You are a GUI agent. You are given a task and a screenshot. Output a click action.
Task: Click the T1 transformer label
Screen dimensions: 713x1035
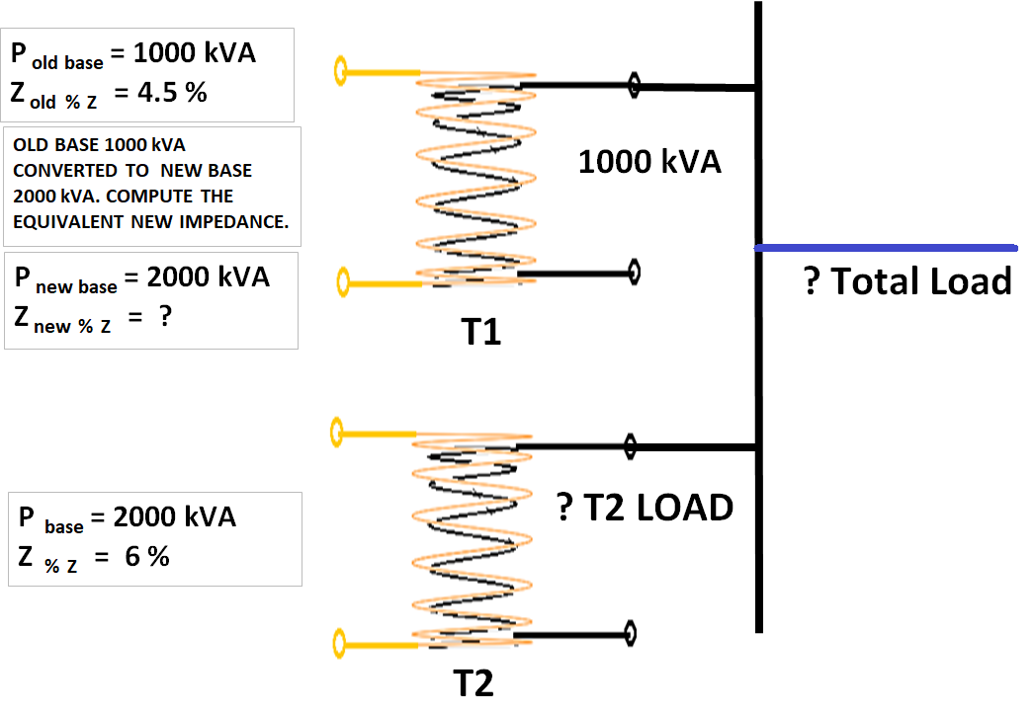481,333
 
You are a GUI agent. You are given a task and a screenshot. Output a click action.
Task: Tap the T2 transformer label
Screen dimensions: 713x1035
474,682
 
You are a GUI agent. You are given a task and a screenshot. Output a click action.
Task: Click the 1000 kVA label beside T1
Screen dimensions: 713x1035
649,162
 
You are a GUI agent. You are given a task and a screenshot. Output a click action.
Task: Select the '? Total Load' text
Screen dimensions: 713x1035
908,281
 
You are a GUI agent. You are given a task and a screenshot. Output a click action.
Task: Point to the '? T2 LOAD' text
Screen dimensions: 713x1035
646,508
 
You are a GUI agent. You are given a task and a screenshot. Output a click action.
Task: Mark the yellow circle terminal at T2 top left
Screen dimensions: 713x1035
337,431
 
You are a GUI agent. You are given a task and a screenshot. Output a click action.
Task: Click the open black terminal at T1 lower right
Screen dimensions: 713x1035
634,272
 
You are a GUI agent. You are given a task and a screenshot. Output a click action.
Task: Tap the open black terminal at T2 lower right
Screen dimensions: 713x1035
629,632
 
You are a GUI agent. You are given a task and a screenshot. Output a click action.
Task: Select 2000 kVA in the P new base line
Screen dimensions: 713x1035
208,277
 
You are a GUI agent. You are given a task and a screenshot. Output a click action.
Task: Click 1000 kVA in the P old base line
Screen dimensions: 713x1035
194,53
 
